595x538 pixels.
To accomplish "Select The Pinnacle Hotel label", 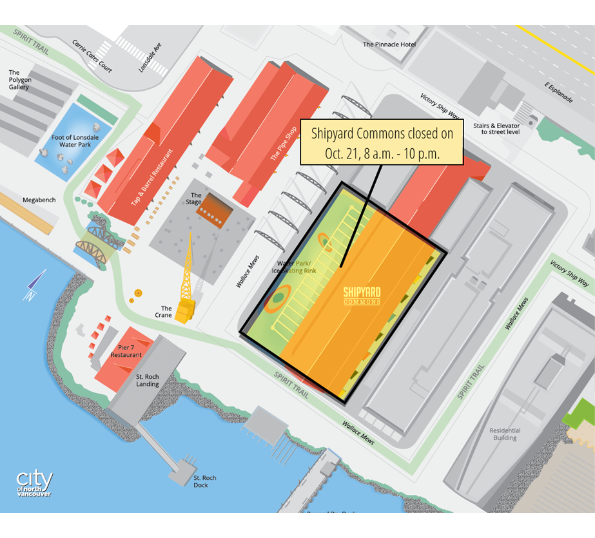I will click(x=389, y=44).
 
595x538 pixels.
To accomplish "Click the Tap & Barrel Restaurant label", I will click(x=152, y=178).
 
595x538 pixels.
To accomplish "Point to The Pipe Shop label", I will click(x=284, y=146).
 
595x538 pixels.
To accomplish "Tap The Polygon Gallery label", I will click(x=19, y=80).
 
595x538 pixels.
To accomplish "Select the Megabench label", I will click(x=39, y=200).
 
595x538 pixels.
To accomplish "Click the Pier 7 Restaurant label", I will click(x=126, y=351).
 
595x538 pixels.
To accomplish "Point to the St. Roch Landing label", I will click(x=148, y=380).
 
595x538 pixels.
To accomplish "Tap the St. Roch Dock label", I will click(x=205, y=481).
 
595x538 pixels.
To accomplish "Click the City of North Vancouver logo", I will click(x=35, y=483).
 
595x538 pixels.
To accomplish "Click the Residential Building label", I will click(x=505, y=434).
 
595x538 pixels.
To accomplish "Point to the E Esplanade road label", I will click(x=558, y=93).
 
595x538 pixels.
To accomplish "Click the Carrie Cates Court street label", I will click(x=93, y=57).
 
